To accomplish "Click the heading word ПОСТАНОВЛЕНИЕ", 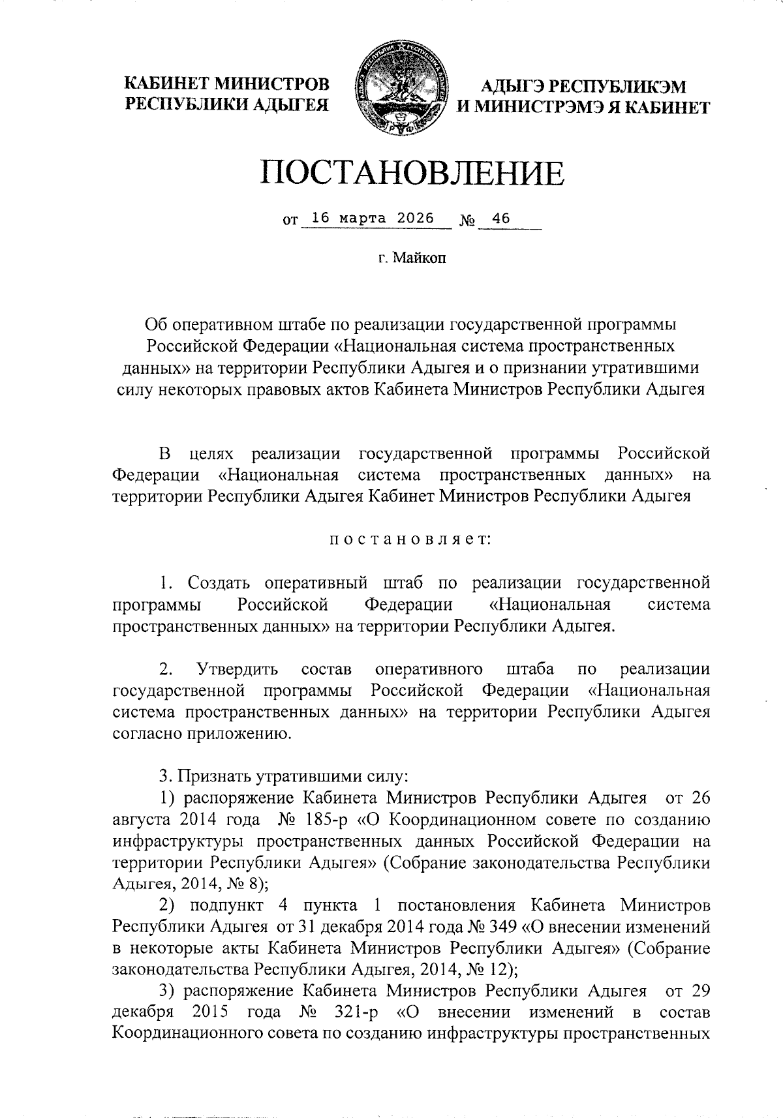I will (x=412, y=173).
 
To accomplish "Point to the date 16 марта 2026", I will (x=373, y=219).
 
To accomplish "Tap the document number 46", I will (x=501, y=219).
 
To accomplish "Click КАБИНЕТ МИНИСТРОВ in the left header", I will (x=227, y=84).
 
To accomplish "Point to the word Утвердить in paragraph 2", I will (x=237, y=669).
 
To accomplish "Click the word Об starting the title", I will (x=157, y=324).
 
